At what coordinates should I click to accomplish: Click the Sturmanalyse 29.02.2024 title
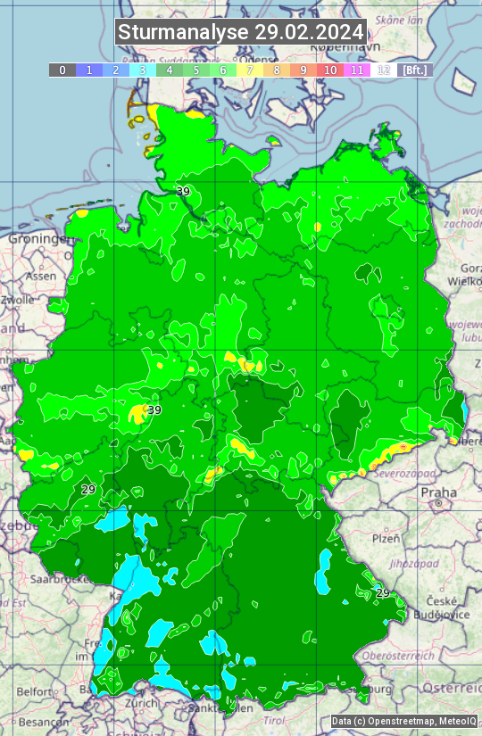coord(241,32)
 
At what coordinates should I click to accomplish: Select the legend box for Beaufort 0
coord(62,70)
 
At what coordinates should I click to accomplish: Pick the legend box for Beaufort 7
coord(250,70)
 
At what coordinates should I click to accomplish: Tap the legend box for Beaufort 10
coord(330,70)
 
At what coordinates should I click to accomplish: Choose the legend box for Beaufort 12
coord(384,70)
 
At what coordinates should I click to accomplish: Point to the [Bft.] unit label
coord(414,70)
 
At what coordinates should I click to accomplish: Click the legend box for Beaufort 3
coord(143,70)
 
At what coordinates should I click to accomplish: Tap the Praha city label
coord(438,492)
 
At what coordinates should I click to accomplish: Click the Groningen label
coord(37,240)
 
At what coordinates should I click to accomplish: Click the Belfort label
coord(34,691)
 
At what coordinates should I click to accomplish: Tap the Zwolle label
coord(18,300)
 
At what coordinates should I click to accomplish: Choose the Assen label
coord(41,277)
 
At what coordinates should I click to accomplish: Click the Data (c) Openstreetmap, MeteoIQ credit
coord(403,722)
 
